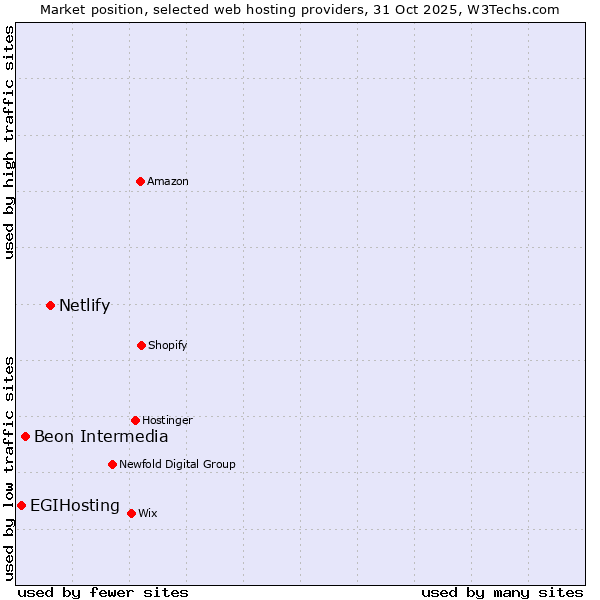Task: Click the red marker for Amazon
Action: pyautogui.click(x=141, y=181)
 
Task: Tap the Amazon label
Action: pyautogui.click(x=168, y=182)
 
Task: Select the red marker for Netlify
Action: pyautogui.click(x=50, y=305)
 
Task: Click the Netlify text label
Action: pyautogui.click(x=84, y=306)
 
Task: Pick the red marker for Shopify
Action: pyautogui.click(x=141, y=345)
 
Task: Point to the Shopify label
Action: pyautogui.click(x=167, y=346)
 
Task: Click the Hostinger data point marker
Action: pyautogui.click(x=135, y=420)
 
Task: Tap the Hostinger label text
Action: pyautogui.click(x=167, y=421)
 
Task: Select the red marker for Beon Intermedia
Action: pyautogui.click(x=25, y=436)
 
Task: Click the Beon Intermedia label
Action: pyautogui.click(x=101, y=437)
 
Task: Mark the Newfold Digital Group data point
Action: pyautogui.click(x=112, y=464)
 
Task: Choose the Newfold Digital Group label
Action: pyautogui.click(x=177, y=465)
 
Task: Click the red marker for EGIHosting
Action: pyautogui.click(x=21, y=505)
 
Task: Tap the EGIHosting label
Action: pyautogui.click(x=75, y=506)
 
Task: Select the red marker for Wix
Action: pyautogui.click(x=131, y=513)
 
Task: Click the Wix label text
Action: pyautogui.click(x=148, y=514)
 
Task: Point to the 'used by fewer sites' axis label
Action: pyautogui.click(x=103, y=592)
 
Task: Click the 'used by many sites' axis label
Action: pyautogui.click(x=502, y=592)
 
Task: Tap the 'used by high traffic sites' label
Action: pyautogui.click(x=9, y=142)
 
